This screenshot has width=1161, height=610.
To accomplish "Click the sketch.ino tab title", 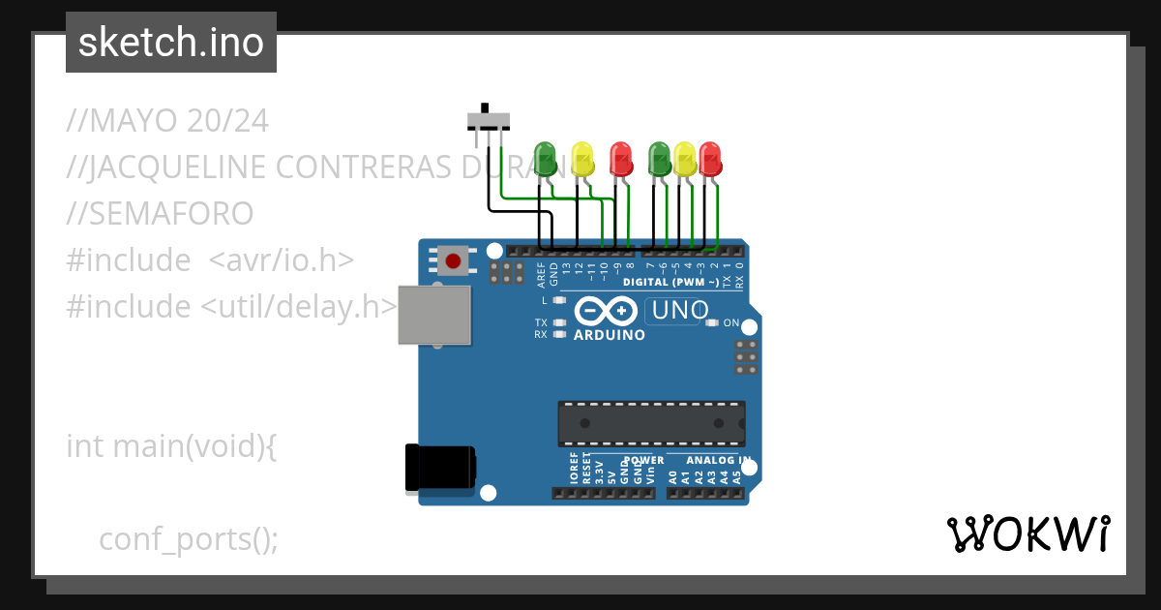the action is point(171,43).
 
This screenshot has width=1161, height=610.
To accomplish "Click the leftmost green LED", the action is point(547,158).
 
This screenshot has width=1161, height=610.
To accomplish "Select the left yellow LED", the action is point(582,158).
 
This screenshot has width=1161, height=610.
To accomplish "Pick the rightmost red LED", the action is point(710,158).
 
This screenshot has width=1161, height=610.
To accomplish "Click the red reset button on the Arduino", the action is point(451,259).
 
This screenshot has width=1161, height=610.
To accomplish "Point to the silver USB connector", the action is point(434,315).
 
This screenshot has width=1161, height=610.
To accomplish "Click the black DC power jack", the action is point(439,467).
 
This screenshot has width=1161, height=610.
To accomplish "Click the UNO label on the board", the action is point(681,311).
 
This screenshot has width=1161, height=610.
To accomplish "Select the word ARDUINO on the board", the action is point(610,335).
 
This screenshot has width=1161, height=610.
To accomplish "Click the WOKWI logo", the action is point(1027,534).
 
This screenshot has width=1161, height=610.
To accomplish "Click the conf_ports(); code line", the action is point(189,539).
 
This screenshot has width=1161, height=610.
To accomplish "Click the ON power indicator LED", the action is point(713,322).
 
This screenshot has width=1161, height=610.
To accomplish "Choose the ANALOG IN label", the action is point(718,460).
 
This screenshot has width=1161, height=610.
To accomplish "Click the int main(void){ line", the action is point(171,446).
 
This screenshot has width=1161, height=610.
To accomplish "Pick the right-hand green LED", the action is point(660,158).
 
